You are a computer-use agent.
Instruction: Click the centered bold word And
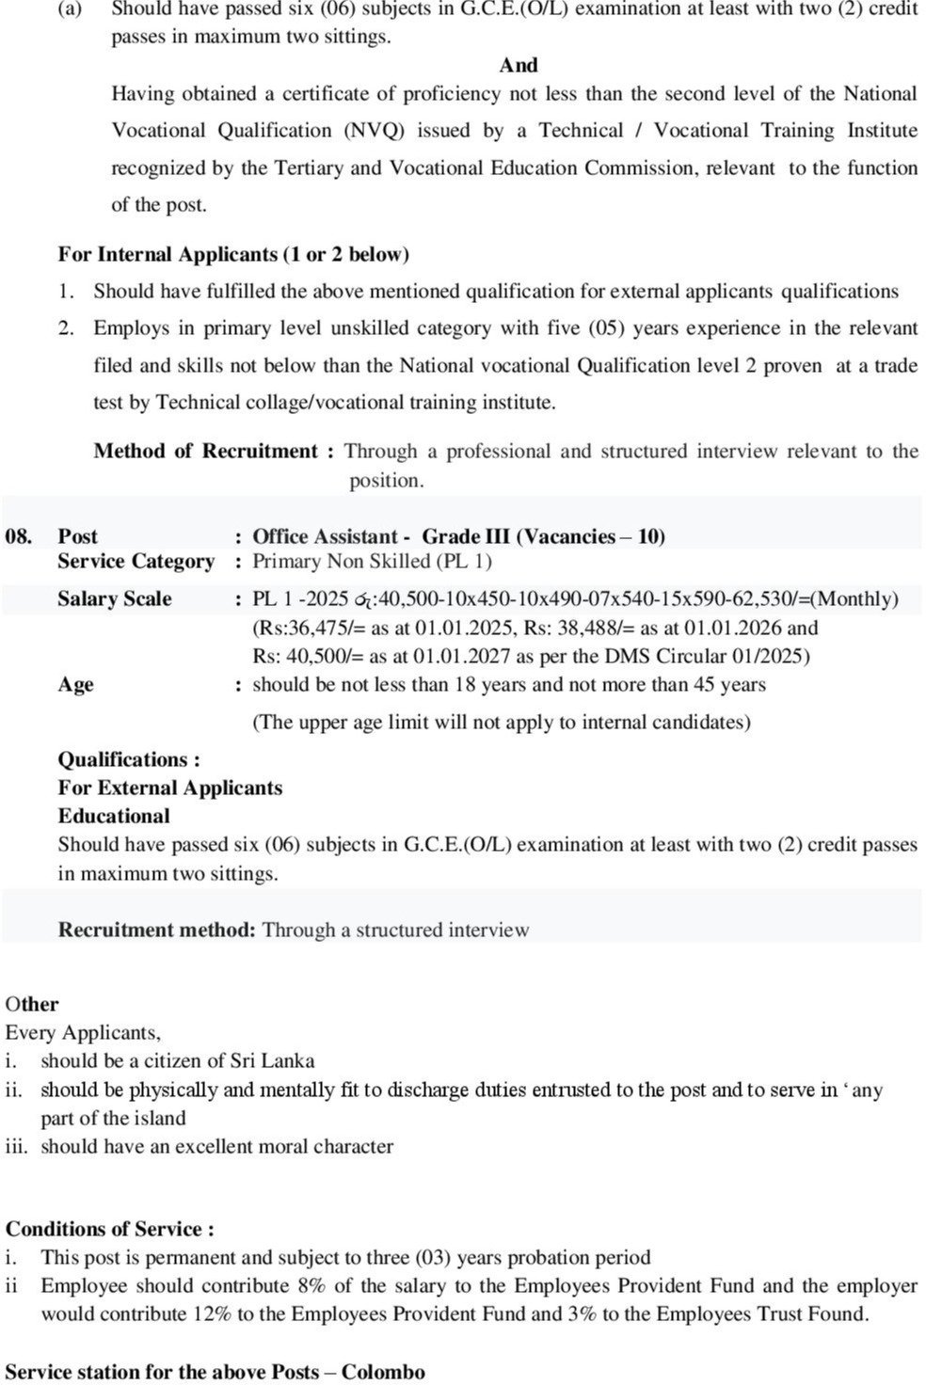coord(519,65)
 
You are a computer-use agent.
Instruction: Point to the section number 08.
coord(19,536)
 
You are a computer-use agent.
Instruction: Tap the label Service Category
coord(136,562)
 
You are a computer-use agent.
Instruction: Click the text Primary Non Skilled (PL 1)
coord(373,562)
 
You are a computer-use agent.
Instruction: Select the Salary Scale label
coord(115,598)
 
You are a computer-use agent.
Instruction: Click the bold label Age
coord(75,684)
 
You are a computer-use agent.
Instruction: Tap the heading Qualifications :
coord(129,759)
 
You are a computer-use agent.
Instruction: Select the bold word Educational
coord(114,816)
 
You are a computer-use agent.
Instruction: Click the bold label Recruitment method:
coord(156,930)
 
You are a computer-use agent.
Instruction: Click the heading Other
coord(32,1004)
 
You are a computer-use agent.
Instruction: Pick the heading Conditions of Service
coord(109,1229)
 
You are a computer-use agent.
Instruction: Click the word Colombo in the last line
coord(383,1371)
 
